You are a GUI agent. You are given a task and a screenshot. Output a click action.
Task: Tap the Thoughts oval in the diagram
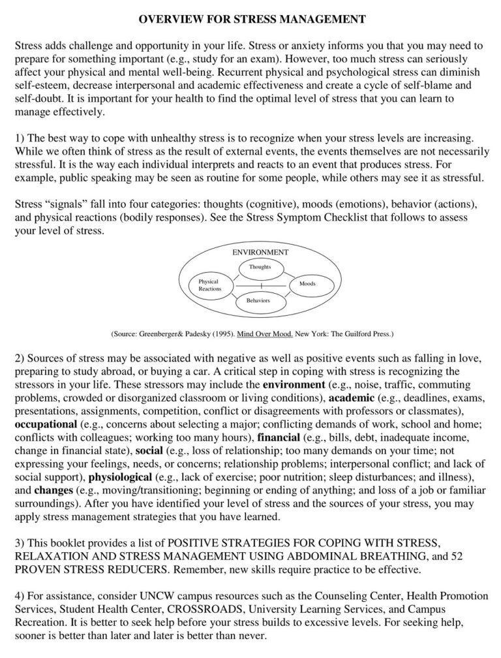pyautogui.click(x=260, y=266)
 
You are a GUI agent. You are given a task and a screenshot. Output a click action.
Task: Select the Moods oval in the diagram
pyautogui.click(x=307, y=284)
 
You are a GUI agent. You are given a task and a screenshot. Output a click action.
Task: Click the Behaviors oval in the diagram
pyautogui.click(x=258, y=301)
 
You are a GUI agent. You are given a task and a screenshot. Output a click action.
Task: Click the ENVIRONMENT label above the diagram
pyautogui.click(x=260, y=252)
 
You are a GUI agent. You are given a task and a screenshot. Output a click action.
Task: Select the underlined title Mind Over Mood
pyautogui.click(x=266, y=333)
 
